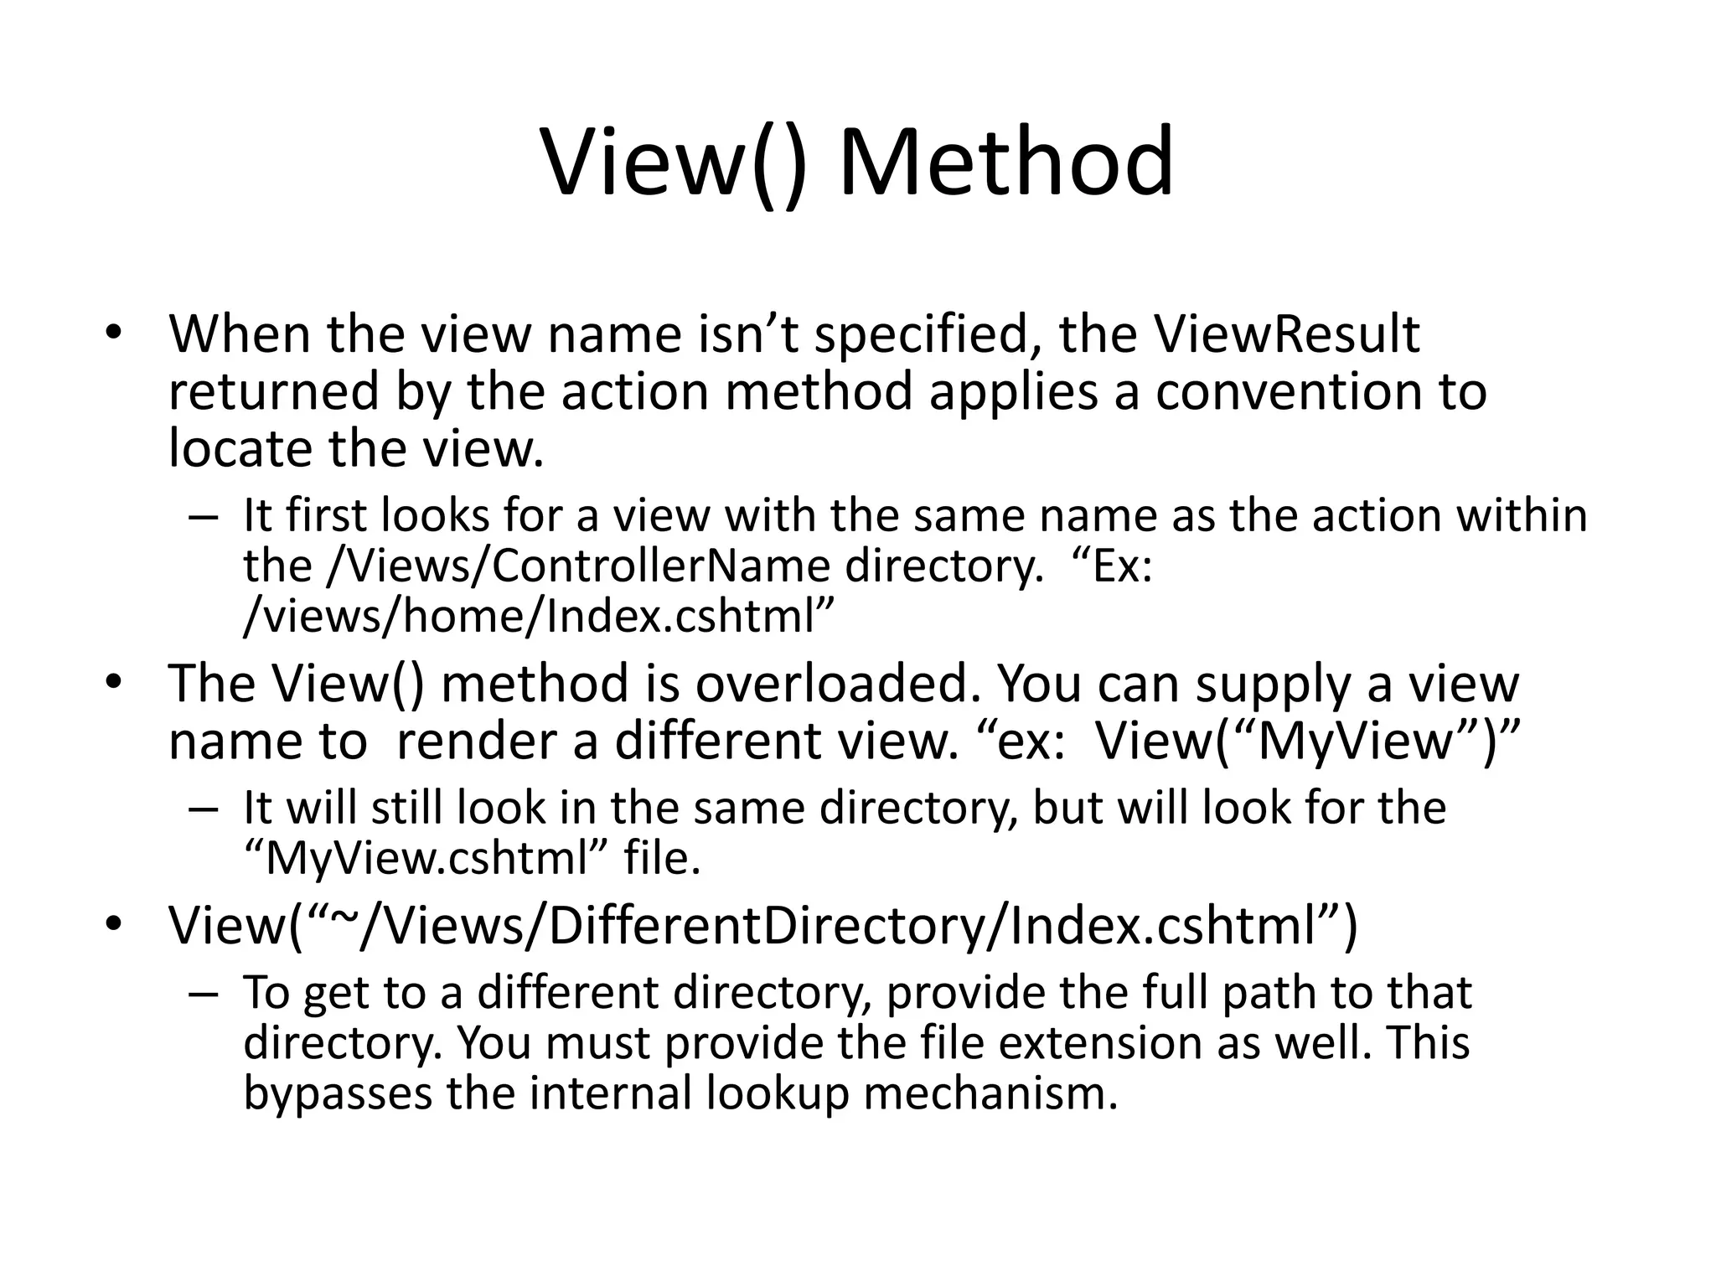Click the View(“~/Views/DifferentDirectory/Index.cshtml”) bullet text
point(762,926)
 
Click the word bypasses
point(337,1094)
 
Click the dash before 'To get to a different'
point(204,994)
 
